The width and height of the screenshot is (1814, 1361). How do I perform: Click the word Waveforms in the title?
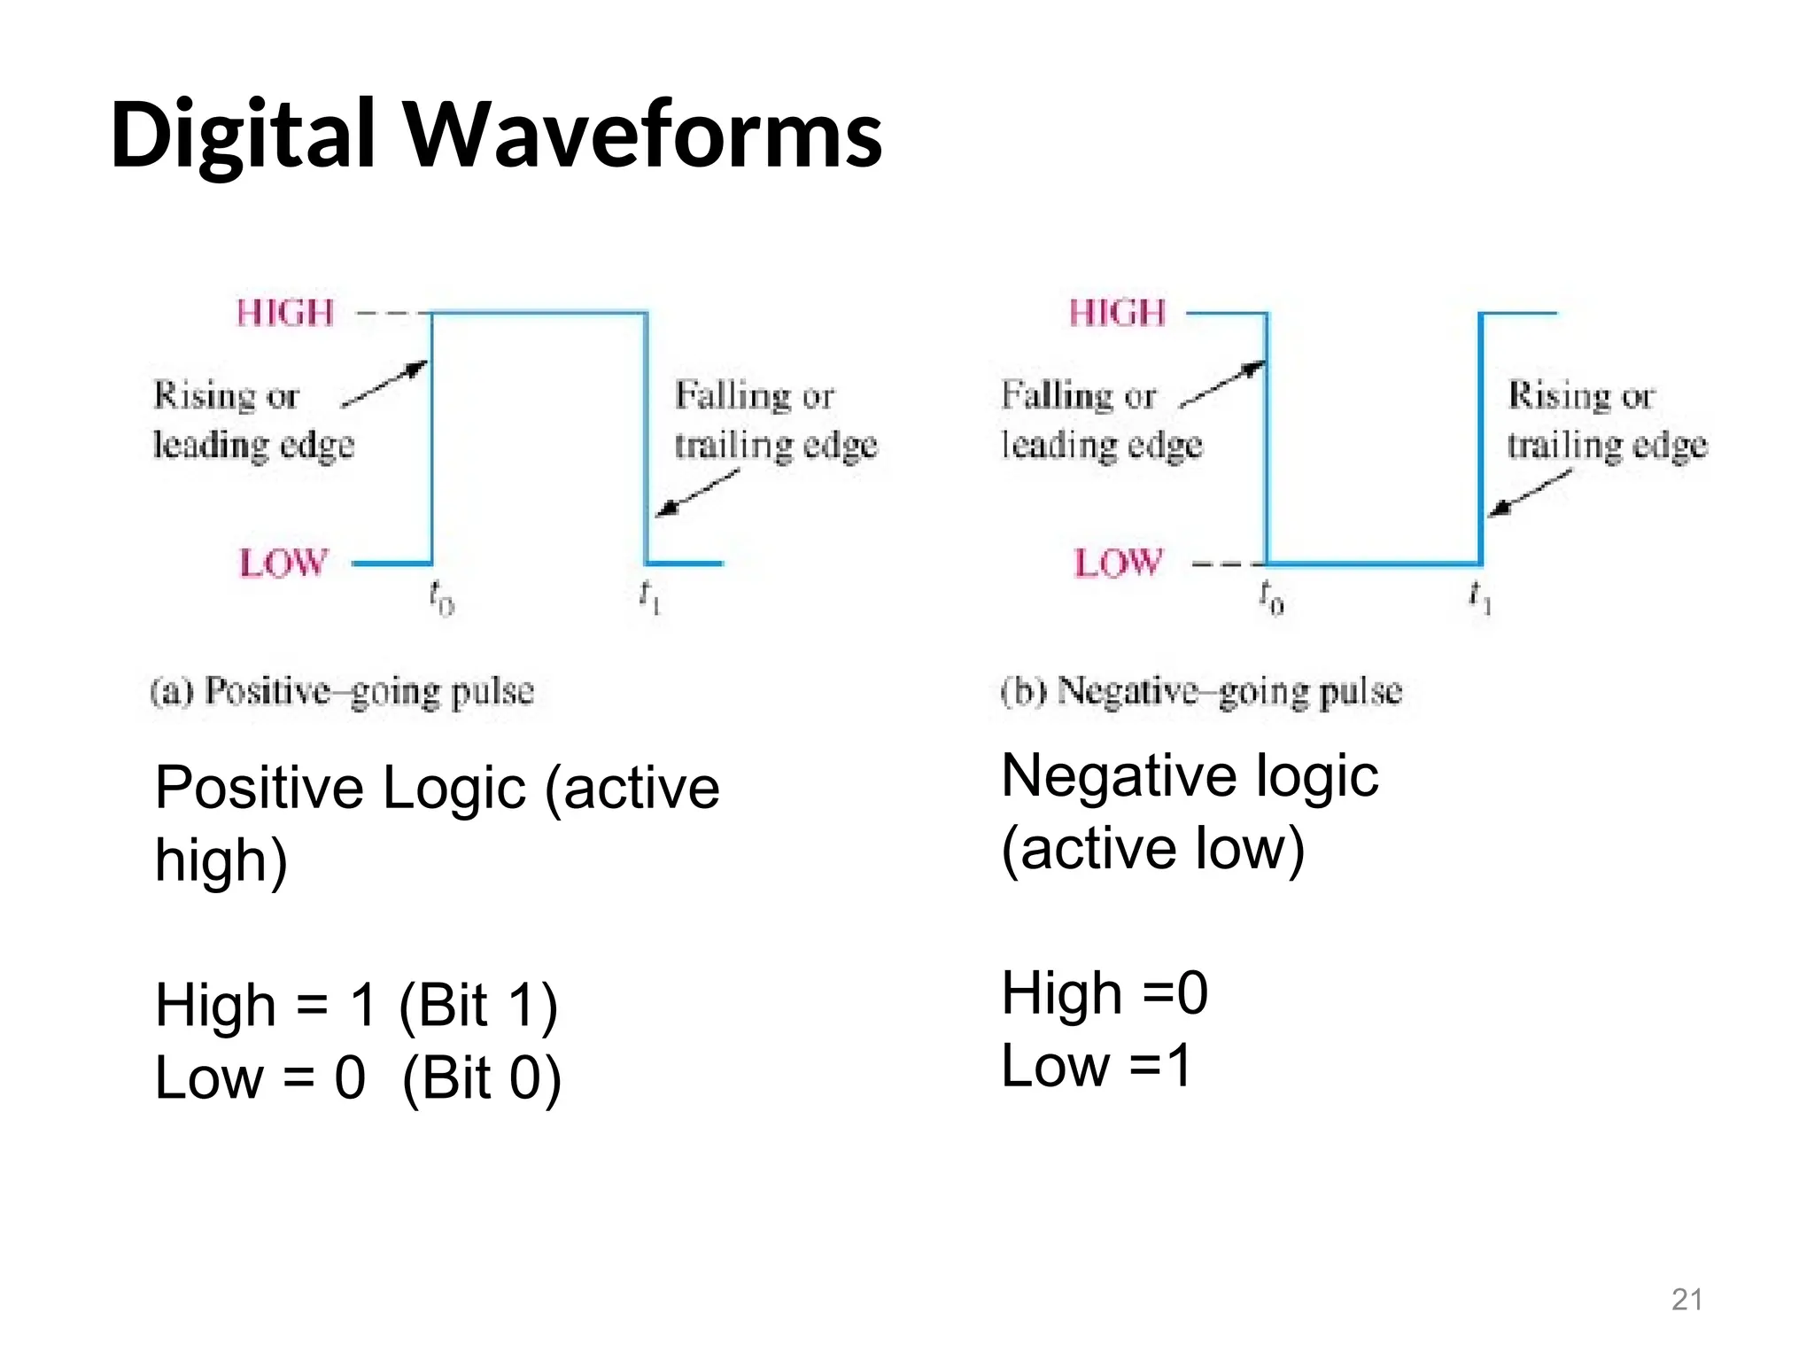coord(644,135)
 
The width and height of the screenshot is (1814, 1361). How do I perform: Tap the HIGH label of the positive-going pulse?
coord(285,313)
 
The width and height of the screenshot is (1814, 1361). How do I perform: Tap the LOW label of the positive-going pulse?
coord(283,563)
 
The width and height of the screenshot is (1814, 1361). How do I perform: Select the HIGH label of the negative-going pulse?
coord(1117,313)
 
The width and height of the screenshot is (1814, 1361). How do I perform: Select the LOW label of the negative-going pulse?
coord(1118,563)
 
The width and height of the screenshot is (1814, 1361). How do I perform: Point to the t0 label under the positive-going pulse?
coord(441,597)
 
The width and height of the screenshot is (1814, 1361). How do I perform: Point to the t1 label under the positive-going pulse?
coord(650,597)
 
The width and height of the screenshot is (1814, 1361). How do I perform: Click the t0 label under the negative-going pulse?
coord(1271,597)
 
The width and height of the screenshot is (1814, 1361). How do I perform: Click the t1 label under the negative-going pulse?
coord(1480,597)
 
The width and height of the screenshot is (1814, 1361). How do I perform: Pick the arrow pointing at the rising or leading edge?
coord(384,384)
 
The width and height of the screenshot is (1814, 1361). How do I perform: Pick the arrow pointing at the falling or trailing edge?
coord(696,493)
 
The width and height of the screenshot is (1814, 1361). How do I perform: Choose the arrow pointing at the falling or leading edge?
coord(1222,384)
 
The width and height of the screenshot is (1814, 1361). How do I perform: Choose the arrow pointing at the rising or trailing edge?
coord(1529,493)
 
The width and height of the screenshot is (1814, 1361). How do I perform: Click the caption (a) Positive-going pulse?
coord(342,691)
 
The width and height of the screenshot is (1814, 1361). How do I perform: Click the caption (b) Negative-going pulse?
coord(1201,691)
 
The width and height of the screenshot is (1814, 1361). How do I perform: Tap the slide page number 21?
coord(1686,1299)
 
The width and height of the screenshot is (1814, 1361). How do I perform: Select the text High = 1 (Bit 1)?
coord(356,1006)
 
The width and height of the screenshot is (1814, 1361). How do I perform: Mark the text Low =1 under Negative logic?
coord(1097,1065)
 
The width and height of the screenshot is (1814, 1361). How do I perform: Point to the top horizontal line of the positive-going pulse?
coord(539,312)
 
